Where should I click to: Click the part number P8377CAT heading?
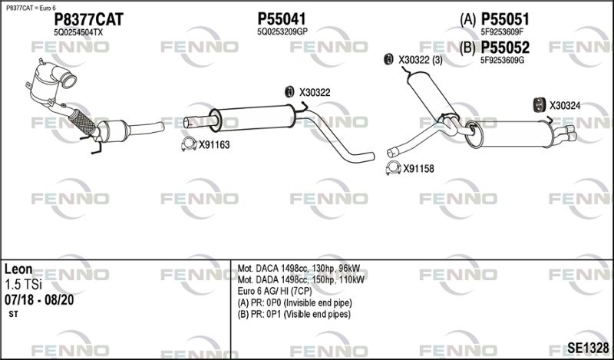pos(88,19)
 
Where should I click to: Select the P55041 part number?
pos(281,18)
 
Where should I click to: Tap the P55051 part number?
pos(505,18)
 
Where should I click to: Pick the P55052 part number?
pos(505,48)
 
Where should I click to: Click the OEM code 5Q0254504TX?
pos(78,32)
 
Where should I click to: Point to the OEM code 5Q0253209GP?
pos(282,32)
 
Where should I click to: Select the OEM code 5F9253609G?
pos(503,61)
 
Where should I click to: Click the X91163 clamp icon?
pos(189,144)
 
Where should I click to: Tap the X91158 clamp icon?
pos(393,168)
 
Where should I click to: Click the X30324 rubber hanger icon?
pos(540,104)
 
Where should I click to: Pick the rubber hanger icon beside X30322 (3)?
pos(388,59)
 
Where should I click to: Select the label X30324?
pos(565,105)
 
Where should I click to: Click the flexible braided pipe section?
pos(82,121)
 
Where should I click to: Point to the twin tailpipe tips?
pos(565,134)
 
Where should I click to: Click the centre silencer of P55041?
pos(252,119)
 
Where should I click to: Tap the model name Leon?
pos(18,269)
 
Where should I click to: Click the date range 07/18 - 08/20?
pos(39,300)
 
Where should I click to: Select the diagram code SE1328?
pos(588,348)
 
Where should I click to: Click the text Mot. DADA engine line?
pos(301,279)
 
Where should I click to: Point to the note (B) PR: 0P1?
pos(294,314)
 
